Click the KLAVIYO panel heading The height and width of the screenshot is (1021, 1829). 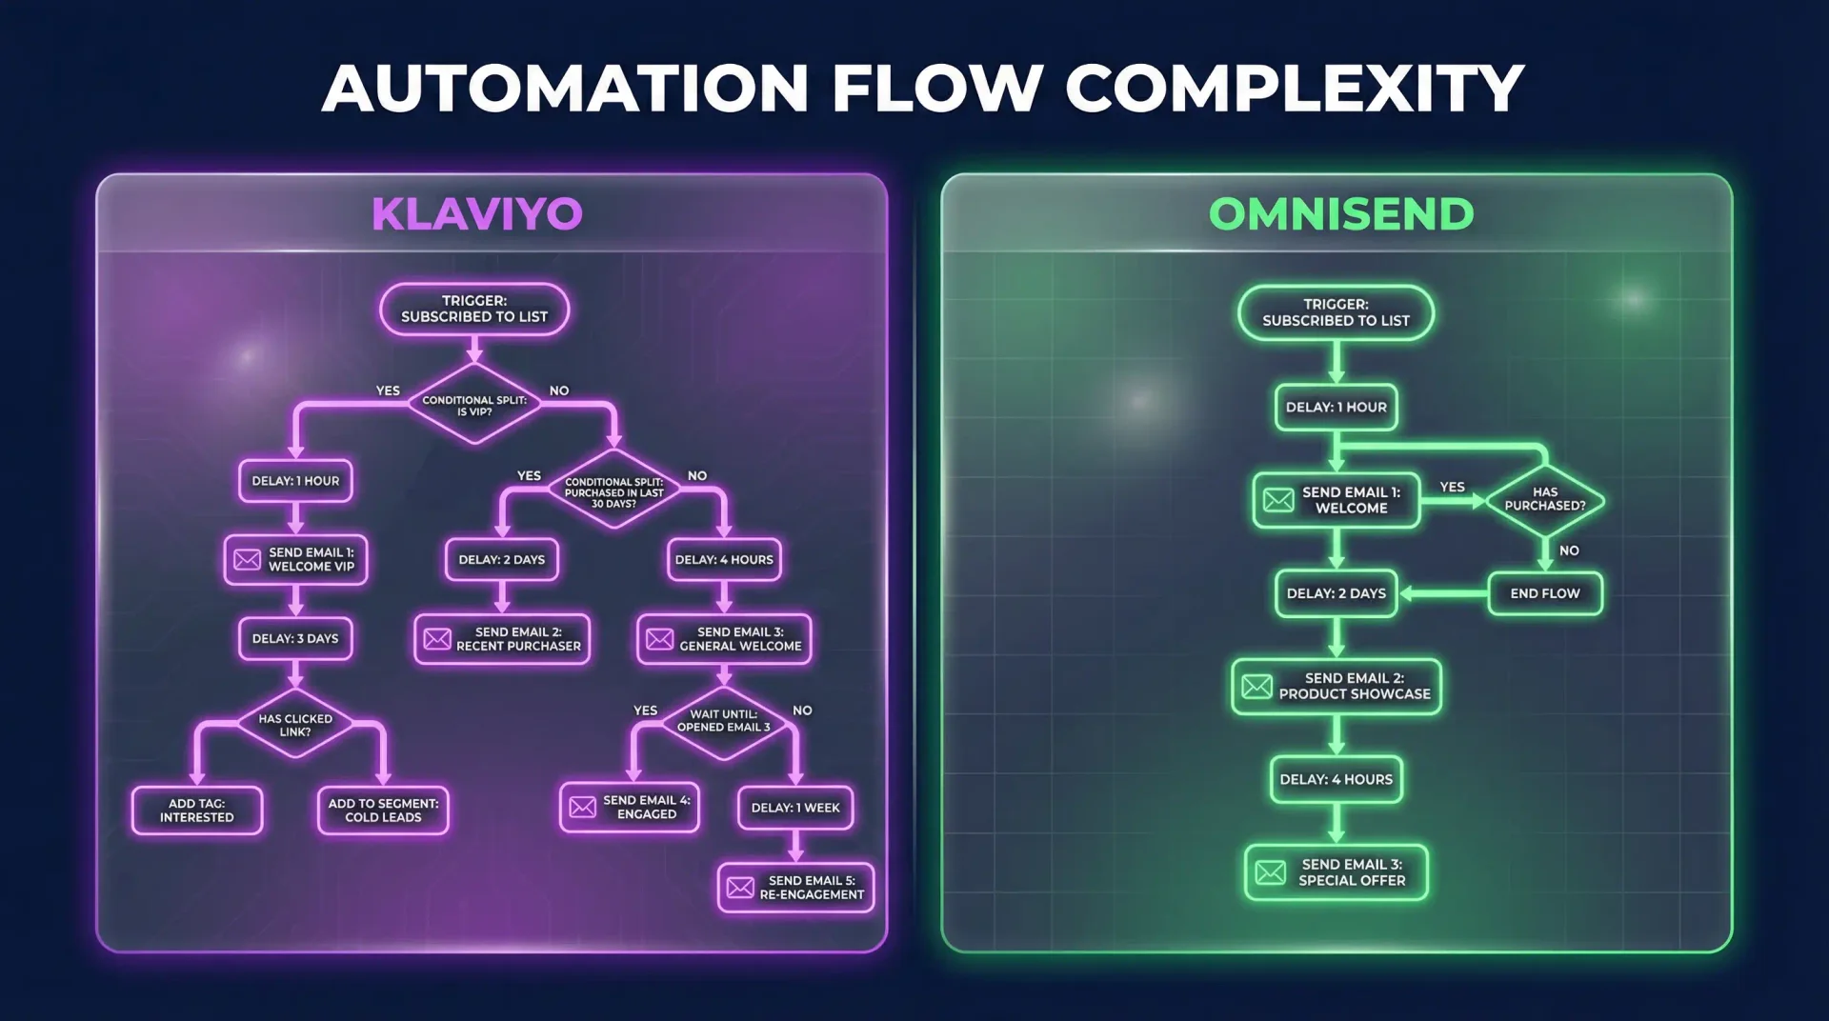[x=476, y=214]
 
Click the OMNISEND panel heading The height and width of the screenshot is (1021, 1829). [x=1340, y=214]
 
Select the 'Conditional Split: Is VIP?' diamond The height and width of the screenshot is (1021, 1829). [x=473, y=405]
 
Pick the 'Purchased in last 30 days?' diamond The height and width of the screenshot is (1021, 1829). [x=613, y=491]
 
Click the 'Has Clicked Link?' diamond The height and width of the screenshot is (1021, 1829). [x=295, y=725]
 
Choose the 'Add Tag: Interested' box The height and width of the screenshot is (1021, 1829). [x=197, y=811]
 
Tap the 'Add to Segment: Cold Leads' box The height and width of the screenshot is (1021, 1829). [x=383, y=811]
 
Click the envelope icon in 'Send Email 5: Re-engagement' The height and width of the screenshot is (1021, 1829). [x=740, y=888]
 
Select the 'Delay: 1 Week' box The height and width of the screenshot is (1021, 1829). [x=795, y=808]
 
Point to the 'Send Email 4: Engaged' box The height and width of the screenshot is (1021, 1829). [x=630, y=808]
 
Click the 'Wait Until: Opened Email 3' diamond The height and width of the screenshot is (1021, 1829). [x=723, y=721]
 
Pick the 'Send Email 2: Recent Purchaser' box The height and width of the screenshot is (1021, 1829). [x=502, y=639]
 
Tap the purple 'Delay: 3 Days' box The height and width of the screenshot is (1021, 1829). [x=295, y=639]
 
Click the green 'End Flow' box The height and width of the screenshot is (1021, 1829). [x=1544, y=593]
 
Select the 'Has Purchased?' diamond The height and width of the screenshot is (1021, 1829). [x=1544, y=500]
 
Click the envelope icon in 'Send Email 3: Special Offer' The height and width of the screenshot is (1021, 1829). [x=1270, y=872]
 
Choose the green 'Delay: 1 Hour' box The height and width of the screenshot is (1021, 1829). [x=1336, y=408]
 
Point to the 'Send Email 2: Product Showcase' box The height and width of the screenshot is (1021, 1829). [x=1336, y=687]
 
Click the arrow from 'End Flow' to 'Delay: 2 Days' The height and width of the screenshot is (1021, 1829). [x=1442, y=593]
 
